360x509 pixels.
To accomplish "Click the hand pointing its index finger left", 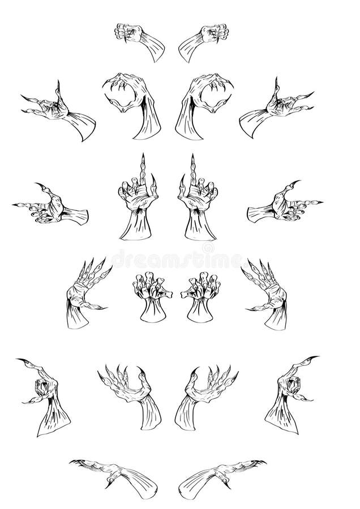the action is click(52, 207).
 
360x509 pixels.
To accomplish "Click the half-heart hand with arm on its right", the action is click(136, 104).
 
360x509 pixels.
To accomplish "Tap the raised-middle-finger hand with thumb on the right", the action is click(139, 201).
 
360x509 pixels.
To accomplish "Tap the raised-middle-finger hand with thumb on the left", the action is click(198, 201).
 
